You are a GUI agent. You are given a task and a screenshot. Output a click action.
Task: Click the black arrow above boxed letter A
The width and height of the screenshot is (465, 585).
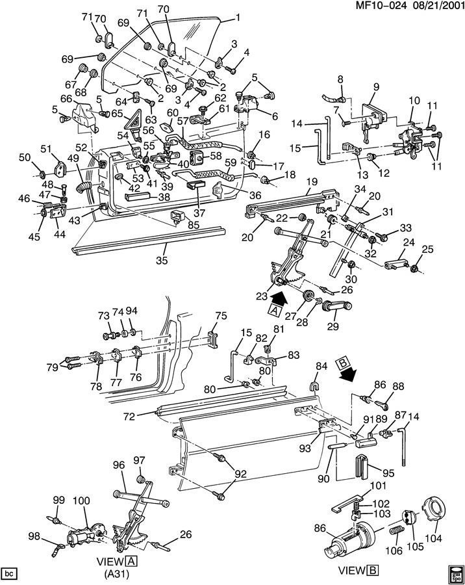tap(278, 298)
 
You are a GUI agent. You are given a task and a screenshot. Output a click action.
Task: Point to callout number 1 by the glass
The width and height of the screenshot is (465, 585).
tap(237, 18)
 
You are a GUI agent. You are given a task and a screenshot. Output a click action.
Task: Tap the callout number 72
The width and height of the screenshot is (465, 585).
tap(129, 416)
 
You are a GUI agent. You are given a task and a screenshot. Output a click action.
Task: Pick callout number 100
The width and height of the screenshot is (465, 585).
tap(81, 500)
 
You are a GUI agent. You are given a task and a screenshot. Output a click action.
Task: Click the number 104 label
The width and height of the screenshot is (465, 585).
tap(433, 538)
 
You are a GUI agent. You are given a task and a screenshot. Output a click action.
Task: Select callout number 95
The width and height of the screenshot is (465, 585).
tap(388, 473)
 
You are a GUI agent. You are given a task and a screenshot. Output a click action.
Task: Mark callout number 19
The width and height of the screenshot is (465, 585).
tap(312, 182)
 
